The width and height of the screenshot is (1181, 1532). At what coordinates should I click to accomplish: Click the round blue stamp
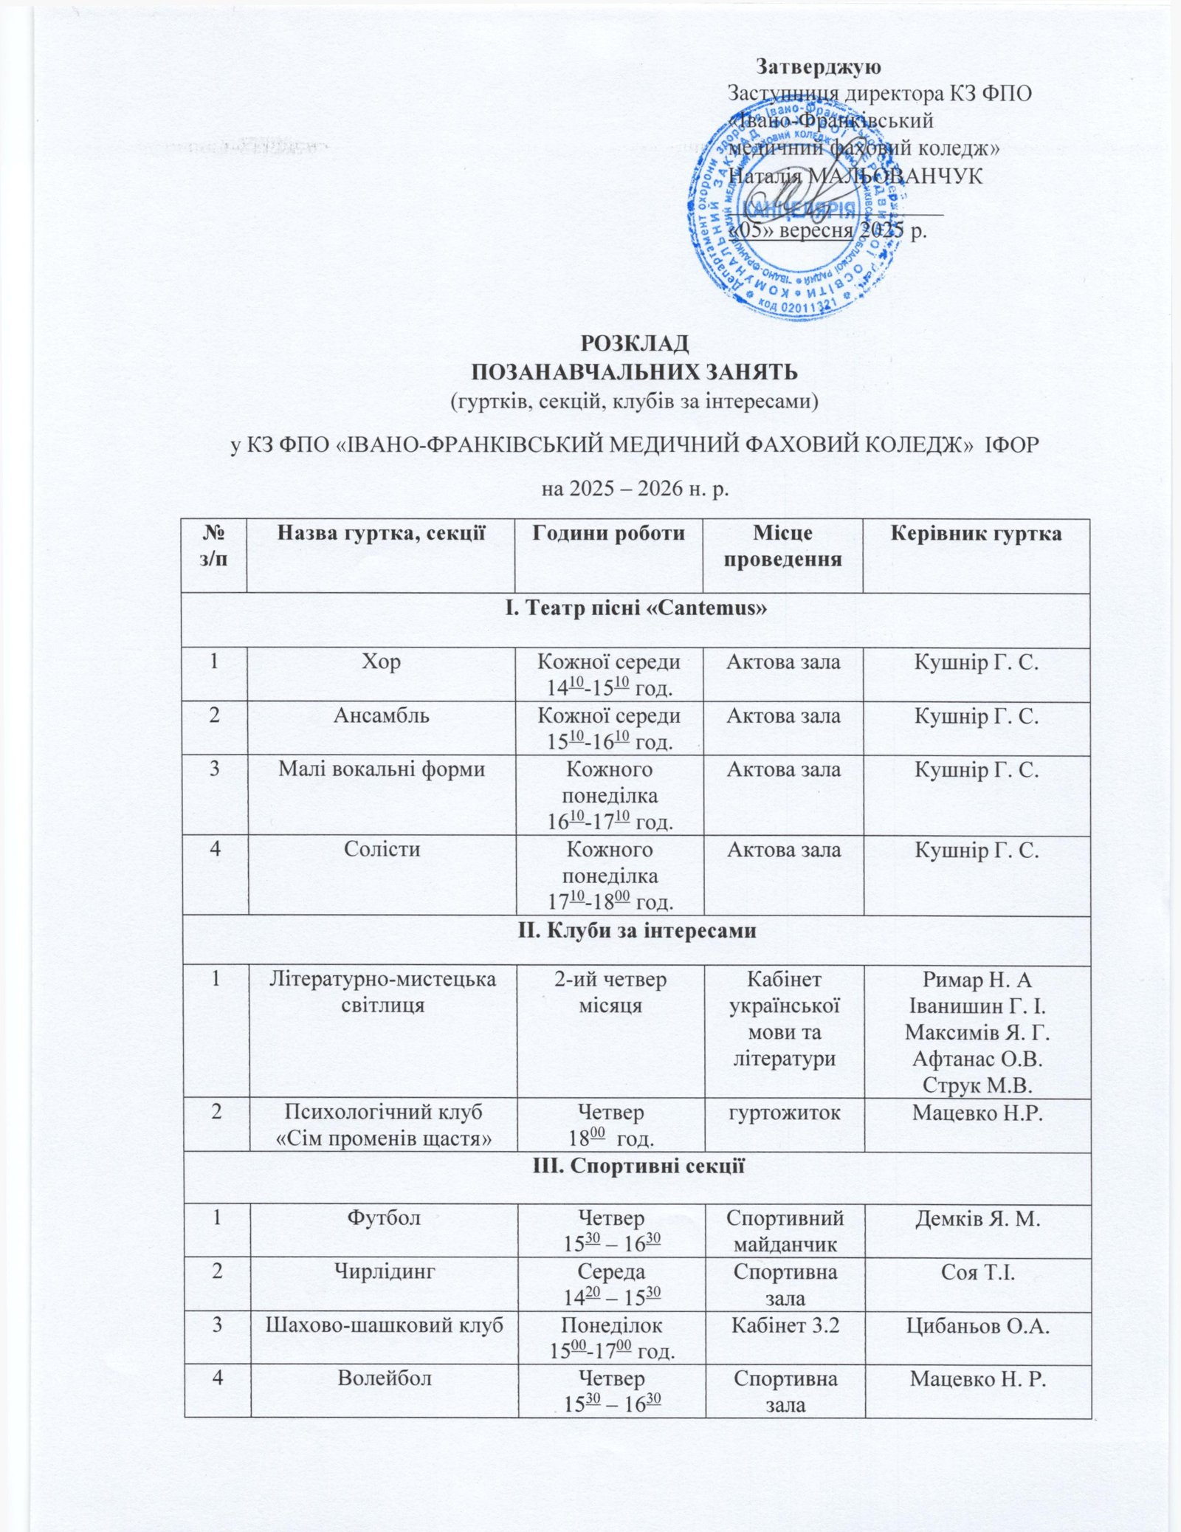coord(798,210)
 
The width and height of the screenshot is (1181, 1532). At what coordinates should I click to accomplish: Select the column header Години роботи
coord(609,533)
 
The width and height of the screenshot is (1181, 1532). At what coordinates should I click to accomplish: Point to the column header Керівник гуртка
coord(976,533)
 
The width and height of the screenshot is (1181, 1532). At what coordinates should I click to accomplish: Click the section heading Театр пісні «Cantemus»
coord(636,608)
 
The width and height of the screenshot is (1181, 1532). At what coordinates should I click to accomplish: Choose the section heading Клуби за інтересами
coord(636,930)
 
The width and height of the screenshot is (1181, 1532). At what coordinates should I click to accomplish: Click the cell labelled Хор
coord(382,662)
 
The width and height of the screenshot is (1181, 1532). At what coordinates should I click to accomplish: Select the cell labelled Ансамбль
coord(382,715)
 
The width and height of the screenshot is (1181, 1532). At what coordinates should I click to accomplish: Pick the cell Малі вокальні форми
coord(382,769)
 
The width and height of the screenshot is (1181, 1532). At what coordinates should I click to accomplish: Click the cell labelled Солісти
coord(382,849)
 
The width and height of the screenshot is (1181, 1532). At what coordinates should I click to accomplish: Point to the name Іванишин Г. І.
coord(977,1006)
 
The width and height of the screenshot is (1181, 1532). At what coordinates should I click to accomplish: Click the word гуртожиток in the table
coord(784,1112)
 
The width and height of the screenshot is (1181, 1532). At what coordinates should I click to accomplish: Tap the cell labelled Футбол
coord(383,1217)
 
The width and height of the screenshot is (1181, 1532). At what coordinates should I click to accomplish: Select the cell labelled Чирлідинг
coord(384,1271)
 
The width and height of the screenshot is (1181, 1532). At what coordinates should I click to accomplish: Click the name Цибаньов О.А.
coord(977,1325)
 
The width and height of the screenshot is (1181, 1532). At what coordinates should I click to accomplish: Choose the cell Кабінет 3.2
coord(785,1325)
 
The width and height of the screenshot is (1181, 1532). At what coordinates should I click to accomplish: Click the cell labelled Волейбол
coord(384,1378)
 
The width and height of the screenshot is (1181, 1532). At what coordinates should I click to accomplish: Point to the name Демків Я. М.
coord(977,1219)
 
